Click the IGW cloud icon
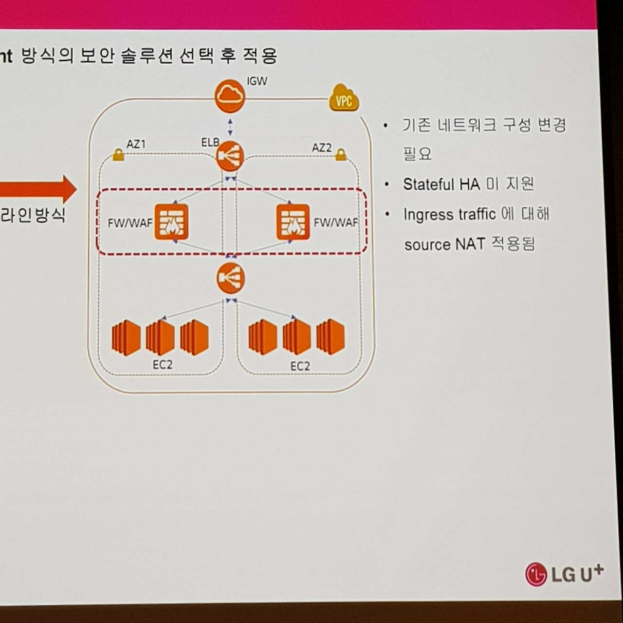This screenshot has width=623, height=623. click(x=229, y=96)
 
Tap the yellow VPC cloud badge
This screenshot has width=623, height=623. click(x=344, y=99)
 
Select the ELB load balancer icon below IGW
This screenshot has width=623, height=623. click(x=230, y=156)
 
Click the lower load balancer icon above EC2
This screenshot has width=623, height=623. click(x=230, y=278)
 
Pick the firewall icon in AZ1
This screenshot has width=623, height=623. click(x=171, y=222)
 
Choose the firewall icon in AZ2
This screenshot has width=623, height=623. click(x=293, y=222)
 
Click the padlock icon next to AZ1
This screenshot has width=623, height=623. click(x=118, y=155)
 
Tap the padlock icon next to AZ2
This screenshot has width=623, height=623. click(x=341, y=155)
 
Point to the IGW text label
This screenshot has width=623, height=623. click(x=257, y=81)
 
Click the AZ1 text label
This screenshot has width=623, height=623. click(x=136, y=144)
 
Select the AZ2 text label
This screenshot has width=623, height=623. click(x=321, y=147)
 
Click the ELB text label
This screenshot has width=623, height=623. click(x=210, y=143)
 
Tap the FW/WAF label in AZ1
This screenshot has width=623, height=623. click(x=130, y=223)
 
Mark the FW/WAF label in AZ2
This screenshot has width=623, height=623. click(x=336, y=223)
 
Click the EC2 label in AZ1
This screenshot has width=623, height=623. click(x=163, y=365)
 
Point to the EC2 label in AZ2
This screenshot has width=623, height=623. click(x=300, y=366)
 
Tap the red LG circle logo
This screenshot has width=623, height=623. click(x=536, y=574)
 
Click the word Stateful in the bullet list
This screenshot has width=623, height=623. click(x=428, y=184)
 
